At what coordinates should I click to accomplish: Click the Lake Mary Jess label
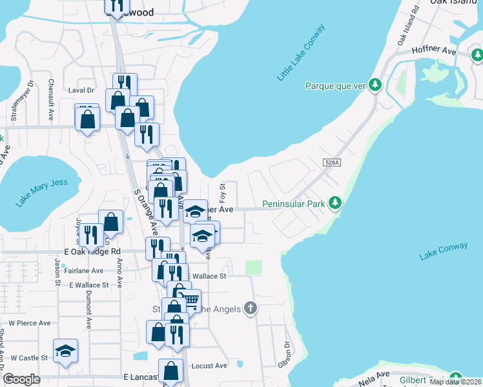click(x=42, y=192)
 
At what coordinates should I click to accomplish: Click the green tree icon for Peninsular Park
click(x=334, y=203)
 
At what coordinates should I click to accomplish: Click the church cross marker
click(x=251, y=308)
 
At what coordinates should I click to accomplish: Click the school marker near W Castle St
click(x=65, y=350)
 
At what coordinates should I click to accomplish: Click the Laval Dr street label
click(x=81, y=91)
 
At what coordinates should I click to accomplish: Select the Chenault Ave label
click(x=51, y=101)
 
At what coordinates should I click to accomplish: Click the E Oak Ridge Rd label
click(x=93, y=252)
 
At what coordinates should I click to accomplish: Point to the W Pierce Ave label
click(x=29, y=322)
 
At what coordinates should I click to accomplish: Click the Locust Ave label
click(x=210, y=366)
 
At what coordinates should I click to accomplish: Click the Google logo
click(x=22, y=380)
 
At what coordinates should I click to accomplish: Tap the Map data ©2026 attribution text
click(x=455, y=382)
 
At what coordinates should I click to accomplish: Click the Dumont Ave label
click(x=88, y=302)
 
